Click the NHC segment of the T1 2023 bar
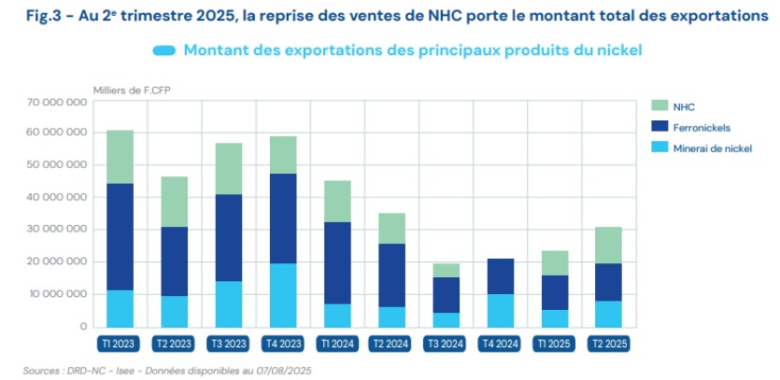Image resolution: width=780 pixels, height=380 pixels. coord(120,157)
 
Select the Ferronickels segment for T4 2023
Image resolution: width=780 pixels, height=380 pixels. coord(283,218)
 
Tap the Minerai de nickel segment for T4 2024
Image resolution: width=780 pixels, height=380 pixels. coord(499,310)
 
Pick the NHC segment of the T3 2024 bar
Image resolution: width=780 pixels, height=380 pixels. coord(445,271)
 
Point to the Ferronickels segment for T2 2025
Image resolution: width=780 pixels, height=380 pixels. coord(608,282)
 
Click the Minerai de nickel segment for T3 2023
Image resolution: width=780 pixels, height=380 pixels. coord(228,303)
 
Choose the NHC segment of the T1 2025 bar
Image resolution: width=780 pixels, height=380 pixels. coord(554,263)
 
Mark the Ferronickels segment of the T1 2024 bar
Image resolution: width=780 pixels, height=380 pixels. coord(336,262)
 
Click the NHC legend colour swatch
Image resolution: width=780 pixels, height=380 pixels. coord(660,106)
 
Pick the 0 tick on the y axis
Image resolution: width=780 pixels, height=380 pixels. coord(82,327)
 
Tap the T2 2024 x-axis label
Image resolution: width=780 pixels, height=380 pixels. coord(390,344)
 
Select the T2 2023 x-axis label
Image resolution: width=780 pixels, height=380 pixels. coord(174,344)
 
